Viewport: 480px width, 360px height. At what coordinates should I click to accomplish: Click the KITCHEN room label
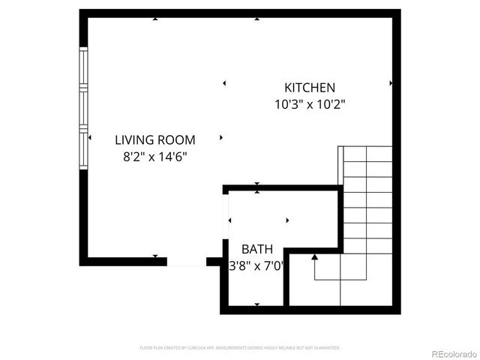point(309,88)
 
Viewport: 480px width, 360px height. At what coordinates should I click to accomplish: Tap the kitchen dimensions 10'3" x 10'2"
point(309,105)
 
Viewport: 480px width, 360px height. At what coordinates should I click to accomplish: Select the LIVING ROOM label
point(154,139)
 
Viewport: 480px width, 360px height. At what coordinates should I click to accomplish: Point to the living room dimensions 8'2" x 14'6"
point(154,157)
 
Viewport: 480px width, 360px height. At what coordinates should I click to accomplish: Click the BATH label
point(256,249)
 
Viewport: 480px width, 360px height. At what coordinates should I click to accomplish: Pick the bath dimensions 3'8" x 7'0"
point(256,265)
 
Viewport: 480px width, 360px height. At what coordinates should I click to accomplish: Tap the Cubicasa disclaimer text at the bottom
point(240,348)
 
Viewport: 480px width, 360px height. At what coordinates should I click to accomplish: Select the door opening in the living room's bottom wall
point(185,262)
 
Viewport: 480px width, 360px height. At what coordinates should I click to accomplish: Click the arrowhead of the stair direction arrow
point(315,257)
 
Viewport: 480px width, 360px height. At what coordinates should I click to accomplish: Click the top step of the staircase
point(367,154)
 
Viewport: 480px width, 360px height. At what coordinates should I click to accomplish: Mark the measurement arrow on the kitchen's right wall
point(391,83)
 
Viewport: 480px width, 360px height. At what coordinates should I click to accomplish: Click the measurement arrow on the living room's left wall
point(91,138)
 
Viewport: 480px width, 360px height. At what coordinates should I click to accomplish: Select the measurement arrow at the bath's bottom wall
point(257,304)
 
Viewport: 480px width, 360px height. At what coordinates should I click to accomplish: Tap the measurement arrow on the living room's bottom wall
point(155,256)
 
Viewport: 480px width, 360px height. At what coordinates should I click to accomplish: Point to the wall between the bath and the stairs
point(286,277)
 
